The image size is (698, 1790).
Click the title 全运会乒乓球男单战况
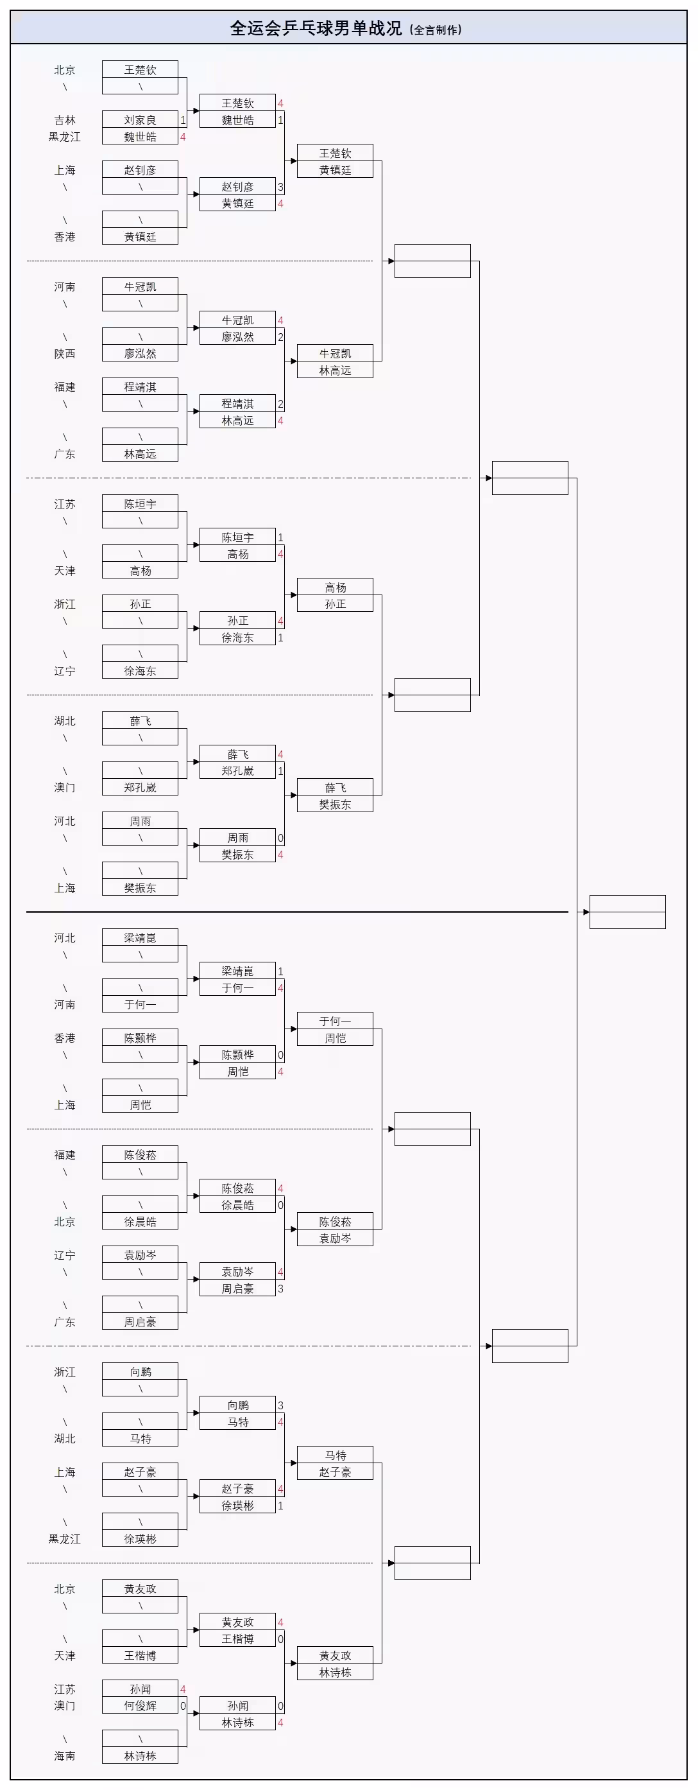click(316, 28)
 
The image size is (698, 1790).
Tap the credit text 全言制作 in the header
click(436, 30)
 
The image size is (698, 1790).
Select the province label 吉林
click(65, 120)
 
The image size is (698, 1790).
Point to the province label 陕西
click(65, 354)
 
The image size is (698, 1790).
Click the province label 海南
click(65, 1756)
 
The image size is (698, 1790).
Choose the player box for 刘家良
click(140, 120)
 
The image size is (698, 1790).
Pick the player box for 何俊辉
click(140, 1706)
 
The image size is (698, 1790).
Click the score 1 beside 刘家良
click(183, 120)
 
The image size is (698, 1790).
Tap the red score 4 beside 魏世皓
click(183, 137)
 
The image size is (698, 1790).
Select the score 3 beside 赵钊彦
click(280, 187)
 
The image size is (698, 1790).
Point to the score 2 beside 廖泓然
click(280, 337)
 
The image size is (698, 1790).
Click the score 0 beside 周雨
click(280, 838)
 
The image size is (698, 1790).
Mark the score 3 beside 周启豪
click(280, 1289)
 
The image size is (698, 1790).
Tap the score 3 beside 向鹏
click(280, 1405)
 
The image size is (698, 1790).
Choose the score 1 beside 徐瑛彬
click(280, 1506)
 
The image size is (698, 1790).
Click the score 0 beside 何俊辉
click(183, 1706)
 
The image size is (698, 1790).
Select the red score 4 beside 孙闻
click(183, 1689)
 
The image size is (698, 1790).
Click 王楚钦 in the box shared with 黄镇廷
click(335, 153)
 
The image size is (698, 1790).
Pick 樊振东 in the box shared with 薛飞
click(335, 804)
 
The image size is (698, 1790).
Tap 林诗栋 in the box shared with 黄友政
click(335, 1673)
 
